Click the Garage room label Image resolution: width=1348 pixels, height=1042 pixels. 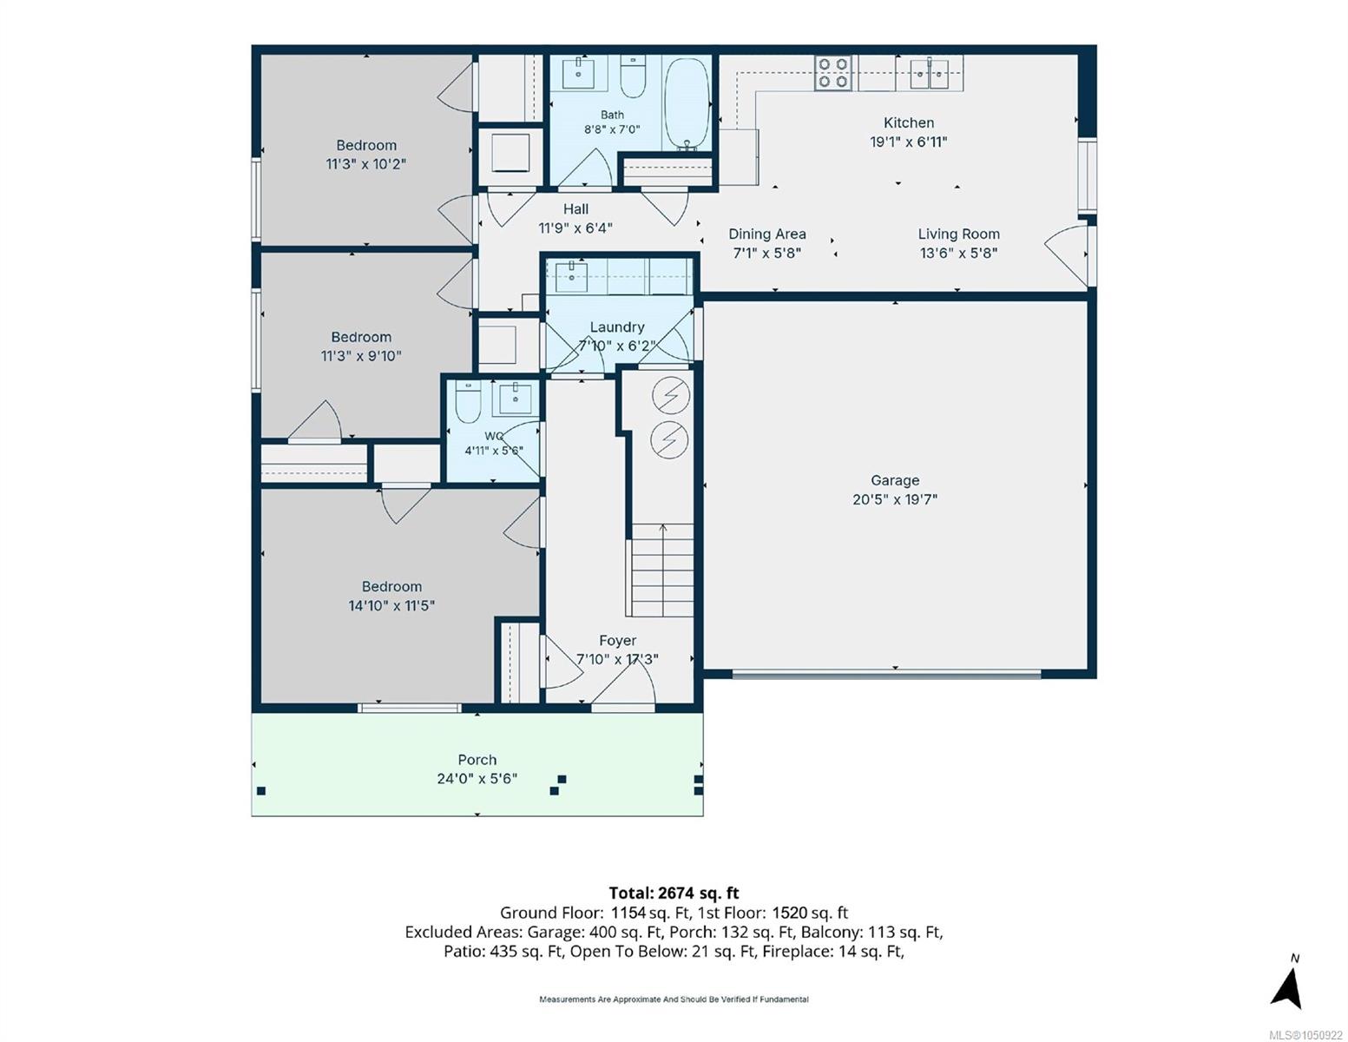click(895, 480)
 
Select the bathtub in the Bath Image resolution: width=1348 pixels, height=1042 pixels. click(687, 103)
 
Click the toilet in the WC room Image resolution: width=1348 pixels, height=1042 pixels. click(469, 401)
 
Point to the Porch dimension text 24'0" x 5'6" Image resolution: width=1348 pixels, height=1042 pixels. click(477, 778)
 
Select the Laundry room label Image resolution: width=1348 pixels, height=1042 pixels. click(616, 327)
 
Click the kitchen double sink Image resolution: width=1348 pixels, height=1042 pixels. click(929, 73)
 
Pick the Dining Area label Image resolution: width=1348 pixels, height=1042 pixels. click(767, 234)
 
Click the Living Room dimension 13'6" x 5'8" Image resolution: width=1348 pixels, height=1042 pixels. click(958, 254)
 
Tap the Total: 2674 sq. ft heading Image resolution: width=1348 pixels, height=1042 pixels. click(674, 893)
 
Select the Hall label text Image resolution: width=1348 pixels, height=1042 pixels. click(575, 209)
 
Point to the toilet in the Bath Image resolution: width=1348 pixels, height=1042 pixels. click(633, 76)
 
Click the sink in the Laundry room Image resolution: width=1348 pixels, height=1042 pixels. click(571, 276)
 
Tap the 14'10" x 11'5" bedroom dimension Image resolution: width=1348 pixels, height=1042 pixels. click(391, 606)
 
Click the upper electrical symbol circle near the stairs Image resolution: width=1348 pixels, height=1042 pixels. click(670, 394)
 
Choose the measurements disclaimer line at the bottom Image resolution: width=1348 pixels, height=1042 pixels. click(674, 999)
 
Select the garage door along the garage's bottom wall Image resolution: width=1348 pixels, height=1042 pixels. click(887, 674)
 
